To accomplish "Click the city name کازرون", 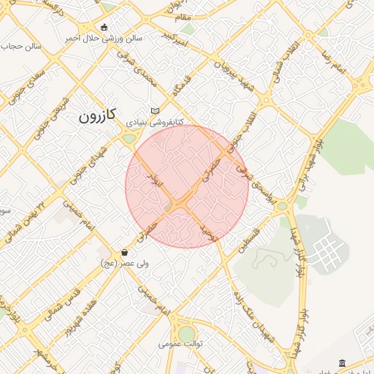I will click(97, 115).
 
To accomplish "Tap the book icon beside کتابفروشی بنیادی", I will click(153, 110).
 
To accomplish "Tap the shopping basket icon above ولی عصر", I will click(126, 252).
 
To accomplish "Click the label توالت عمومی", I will click(181, 343).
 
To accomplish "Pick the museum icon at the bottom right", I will click(343, 363).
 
